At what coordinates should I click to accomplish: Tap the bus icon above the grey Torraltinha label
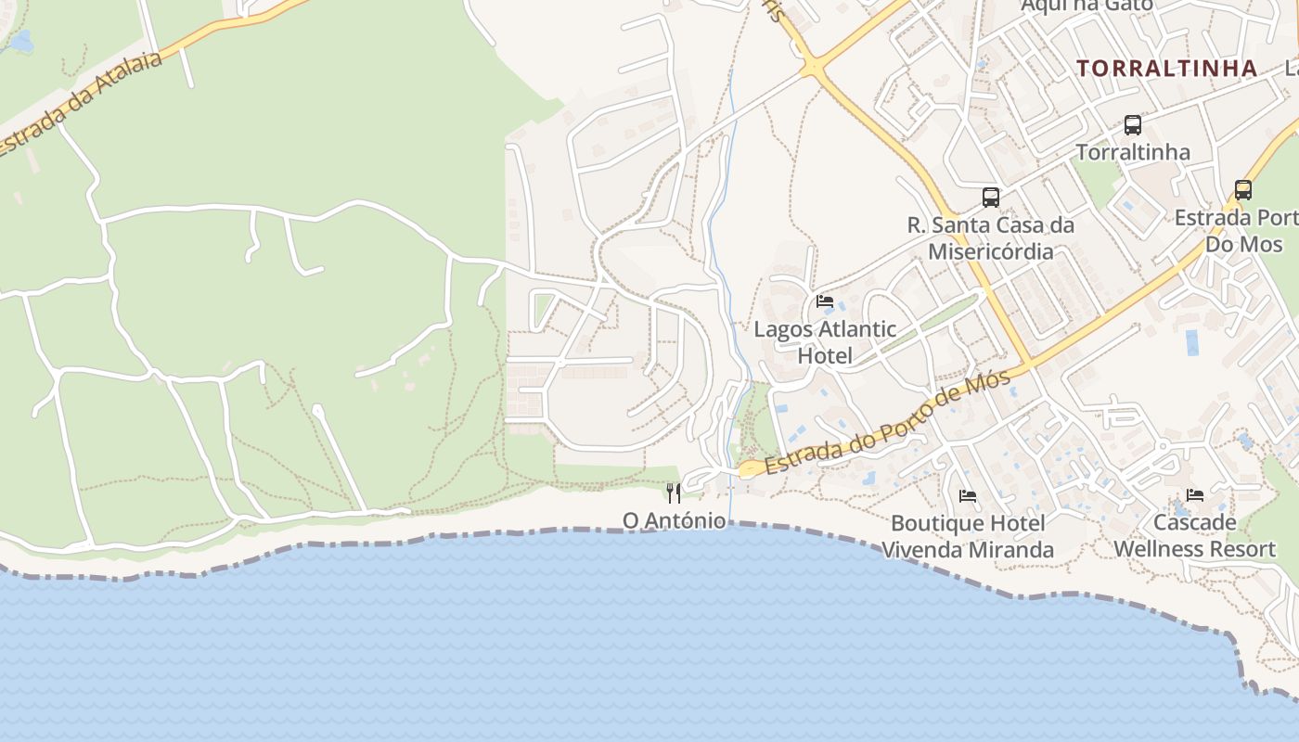coord(1132,125)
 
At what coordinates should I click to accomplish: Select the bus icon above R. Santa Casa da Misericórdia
coord(991,198)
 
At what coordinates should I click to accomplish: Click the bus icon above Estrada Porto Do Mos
coord(1242,190)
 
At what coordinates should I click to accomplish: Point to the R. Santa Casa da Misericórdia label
coord(991,238)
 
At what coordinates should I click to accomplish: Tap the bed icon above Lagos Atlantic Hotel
coord(824,301)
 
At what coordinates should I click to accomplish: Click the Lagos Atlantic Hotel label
coord(824,341)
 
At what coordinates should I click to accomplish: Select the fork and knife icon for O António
coord(674,493)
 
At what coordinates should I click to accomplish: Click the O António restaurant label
coord(674,520)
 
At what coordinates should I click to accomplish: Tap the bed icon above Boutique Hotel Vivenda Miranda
coord(968,496)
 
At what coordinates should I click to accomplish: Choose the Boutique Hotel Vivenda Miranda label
coord(968,536)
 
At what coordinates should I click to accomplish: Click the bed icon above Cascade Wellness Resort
coord(1194,495)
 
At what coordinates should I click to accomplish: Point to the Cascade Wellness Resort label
coord(1194,535)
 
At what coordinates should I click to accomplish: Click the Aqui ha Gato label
coord(1086,6)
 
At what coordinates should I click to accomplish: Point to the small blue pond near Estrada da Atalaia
coord(20,42)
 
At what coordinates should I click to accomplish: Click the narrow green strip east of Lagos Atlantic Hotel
coord(928,325)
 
